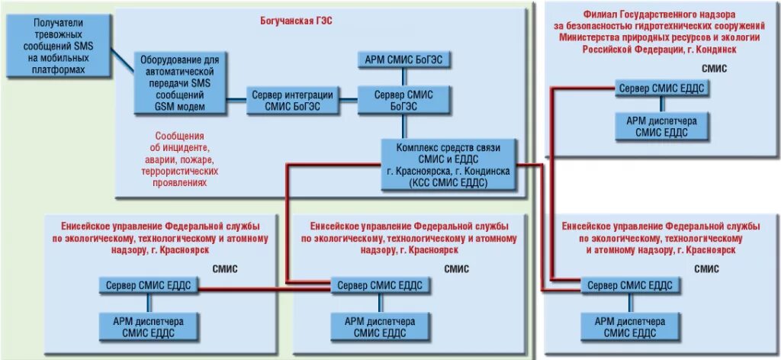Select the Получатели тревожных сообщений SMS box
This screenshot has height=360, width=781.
59,47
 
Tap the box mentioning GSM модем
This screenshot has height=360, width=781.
180,83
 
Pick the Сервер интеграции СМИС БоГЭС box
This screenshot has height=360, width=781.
292,100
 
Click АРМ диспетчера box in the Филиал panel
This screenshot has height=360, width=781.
661,127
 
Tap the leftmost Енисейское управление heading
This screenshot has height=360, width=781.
160,238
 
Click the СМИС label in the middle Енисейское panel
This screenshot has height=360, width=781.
457,268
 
